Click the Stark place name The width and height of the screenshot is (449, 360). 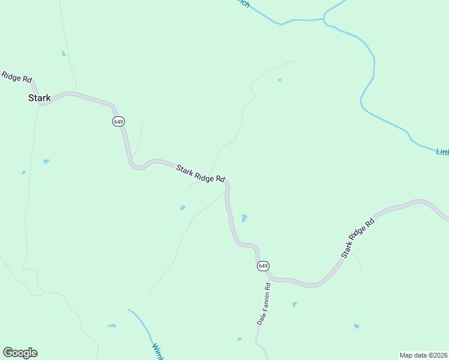pyautogui.click(x=40, y=98)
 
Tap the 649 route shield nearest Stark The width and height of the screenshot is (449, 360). pyautogui.click(x=118, y=122)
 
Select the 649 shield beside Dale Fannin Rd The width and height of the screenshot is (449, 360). pyautogui.click(x=263, y=266)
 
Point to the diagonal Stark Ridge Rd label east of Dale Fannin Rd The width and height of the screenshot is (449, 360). pyautogui.click(x=358, y=238)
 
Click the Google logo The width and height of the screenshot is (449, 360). pyautogui.click(x=20, y=353)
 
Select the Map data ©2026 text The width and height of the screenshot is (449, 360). pyautogui.click(x=423, y=355)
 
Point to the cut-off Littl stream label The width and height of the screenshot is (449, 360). pyautogui.click(x=442, y=152)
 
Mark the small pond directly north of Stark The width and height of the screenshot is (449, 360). pyautogui.click(x=64, y=53)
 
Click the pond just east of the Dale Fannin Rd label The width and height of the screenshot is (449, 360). pyautogui.click(x=294, y=304)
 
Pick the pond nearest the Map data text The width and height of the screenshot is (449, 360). pyautogui.click(x=357, y=326)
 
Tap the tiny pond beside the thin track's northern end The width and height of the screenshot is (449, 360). pyautogui.click(x=279, y=80)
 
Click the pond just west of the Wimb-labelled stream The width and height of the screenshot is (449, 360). pyautogui.click(x=112, y=325)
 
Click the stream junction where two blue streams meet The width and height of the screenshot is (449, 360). pyautogui.click(x=325, y=19)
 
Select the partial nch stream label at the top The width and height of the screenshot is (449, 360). pyautogui.click(x=243, y=3)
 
